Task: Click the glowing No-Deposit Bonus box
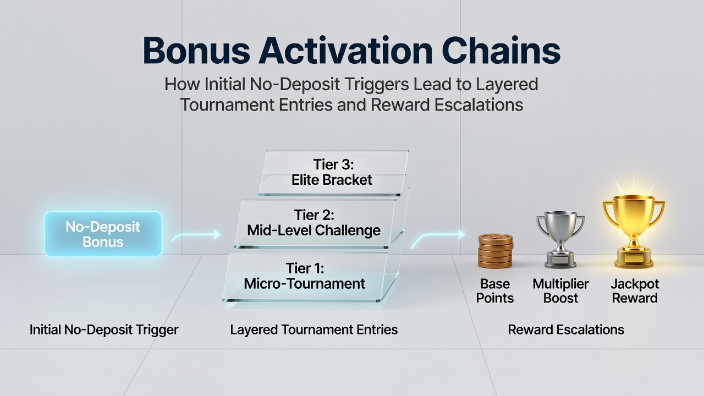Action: point(103,234)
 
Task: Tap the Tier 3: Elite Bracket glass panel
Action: point(333,173)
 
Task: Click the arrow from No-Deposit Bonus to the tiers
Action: point(196,236)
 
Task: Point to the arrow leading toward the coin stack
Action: point(438,239)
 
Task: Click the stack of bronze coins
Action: point(496,251)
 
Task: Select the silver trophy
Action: point(560,239)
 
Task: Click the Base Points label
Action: point(495,291)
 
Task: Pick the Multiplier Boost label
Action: point(560,291)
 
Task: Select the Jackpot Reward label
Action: point(635,291)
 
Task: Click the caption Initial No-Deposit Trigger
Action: point(104,330)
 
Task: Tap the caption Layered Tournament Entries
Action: point(314,330)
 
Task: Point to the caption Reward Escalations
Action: point(566,330)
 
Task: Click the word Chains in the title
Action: point(501,50)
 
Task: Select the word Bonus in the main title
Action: point(196,50)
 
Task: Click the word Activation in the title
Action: point(346,50)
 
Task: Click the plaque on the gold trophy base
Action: point(634,258)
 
